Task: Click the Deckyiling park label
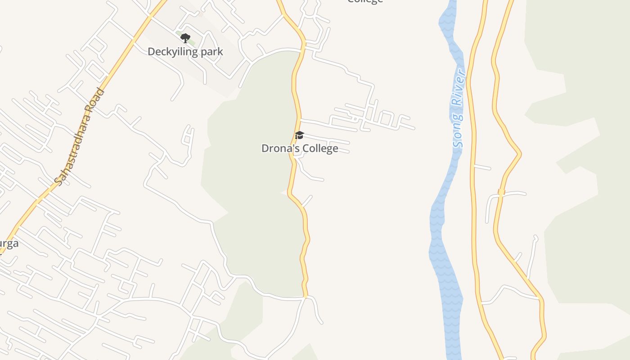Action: pyautogui.click(x=185, y=52)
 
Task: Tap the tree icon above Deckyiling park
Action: pyautogui.click(x=185, y=38)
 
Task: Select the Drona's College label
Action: pyautogui.click(x=300, y=148)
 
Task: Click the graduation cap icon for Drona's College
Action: pyautogui.click(x=299, y=135)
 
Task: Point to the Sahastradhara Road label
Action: pyautogui.click(x=79, y=136)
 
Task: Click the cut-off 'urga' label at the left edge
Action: pyautogui.click(x=9, y=243)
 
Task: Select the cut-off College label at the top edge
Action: pyautogui.click(x=365, y=1)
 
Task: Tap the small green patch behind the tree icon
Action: pyautogui.click(x=191, y=41)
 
